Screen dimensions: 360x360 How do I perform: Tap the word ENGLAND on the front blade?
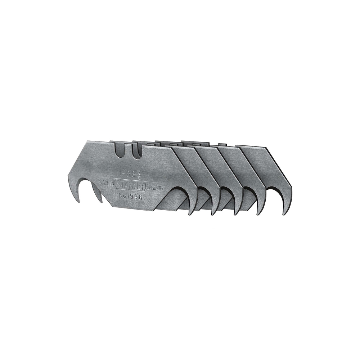click(154, 188)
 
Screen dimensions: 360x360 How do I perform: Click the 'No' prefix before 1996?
click(122, 196)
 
